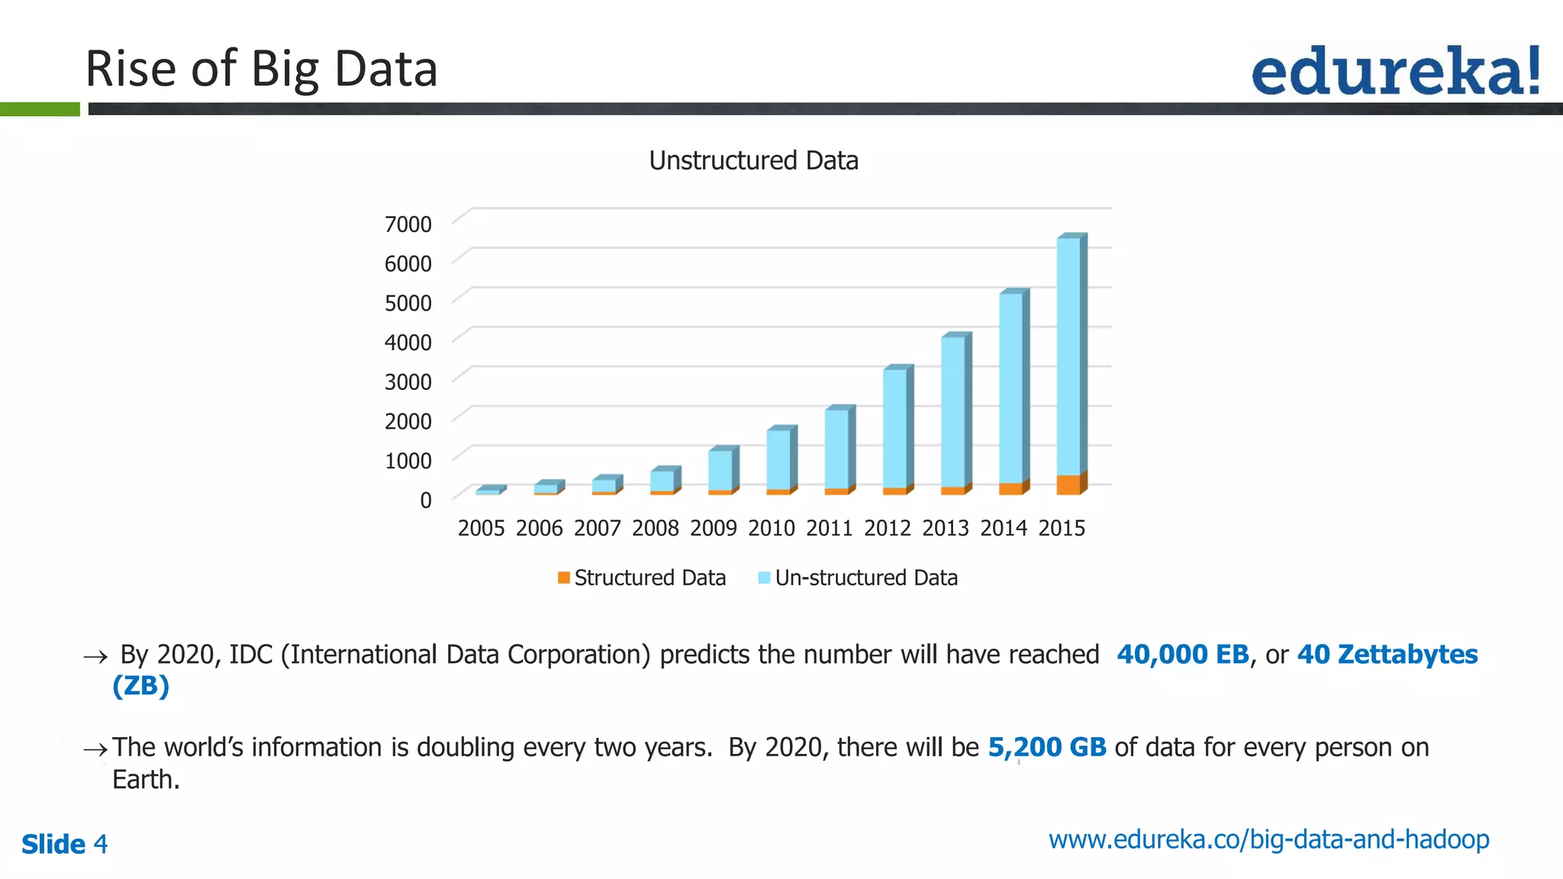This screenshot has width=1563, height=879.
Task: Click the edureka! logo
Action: click(1395, 70)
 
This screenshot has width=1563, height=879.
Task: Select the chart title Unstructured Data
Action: click(753, 161)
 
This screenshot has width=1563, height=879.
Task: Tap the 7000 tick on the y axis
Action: click(408, 224)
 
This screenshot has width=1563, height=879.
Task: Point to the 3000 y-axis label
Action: click(408, 382)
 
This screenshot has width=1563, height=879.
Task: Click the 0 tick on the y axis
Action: click(426, 501)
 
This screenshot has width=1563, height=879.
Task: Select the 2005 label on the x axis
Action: click(481, 528)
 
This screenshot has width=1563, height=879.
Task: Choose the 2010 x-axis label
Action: click(772, 528)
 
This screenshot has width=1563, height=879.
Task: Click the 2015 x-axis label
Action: click(1062, 528)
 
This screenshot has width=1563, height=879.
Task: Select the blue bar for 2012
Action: click(894, 427)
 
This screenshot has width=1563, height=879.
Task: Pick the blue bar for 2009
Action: click(720, 469)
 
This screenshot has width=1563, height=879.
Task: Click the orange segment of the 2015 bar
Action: click(1068, 485)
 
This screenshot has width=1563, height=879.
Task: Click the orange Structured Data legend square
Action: click(564, 578)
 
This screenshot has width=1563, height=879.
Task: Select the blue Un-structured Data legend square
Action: click(764, 578)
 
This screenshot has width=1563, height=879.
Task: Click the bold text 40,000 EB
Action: click(1182, 655)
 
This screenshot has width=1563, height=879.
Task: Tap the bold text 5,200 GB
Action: click(1046, 748)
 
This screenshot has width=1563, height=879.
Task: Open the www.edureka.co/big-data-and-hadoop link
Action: click(1268, 839)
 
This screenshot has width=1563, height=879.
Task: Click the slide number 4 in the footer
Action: click(100, 845)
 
